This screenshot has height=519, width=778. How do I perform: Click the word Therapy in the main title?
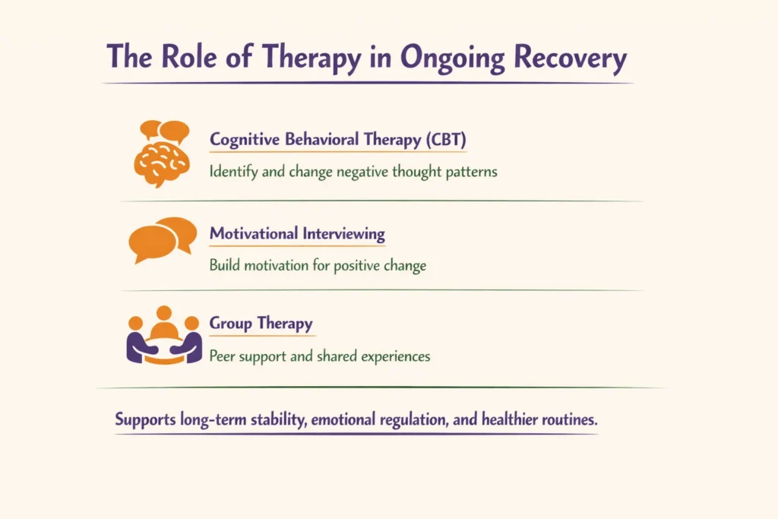tap(298, 57)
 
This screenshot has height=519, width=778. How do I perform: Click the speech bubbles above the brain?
tap(165, 131)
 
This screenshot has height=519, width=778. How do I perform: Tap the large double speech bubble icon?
tap(163, 239)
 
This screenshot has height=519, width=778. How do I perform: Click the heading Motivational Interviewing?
tap(297, 234)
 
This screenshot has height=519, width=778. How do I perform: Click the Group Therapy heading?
tap(261, 324)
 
